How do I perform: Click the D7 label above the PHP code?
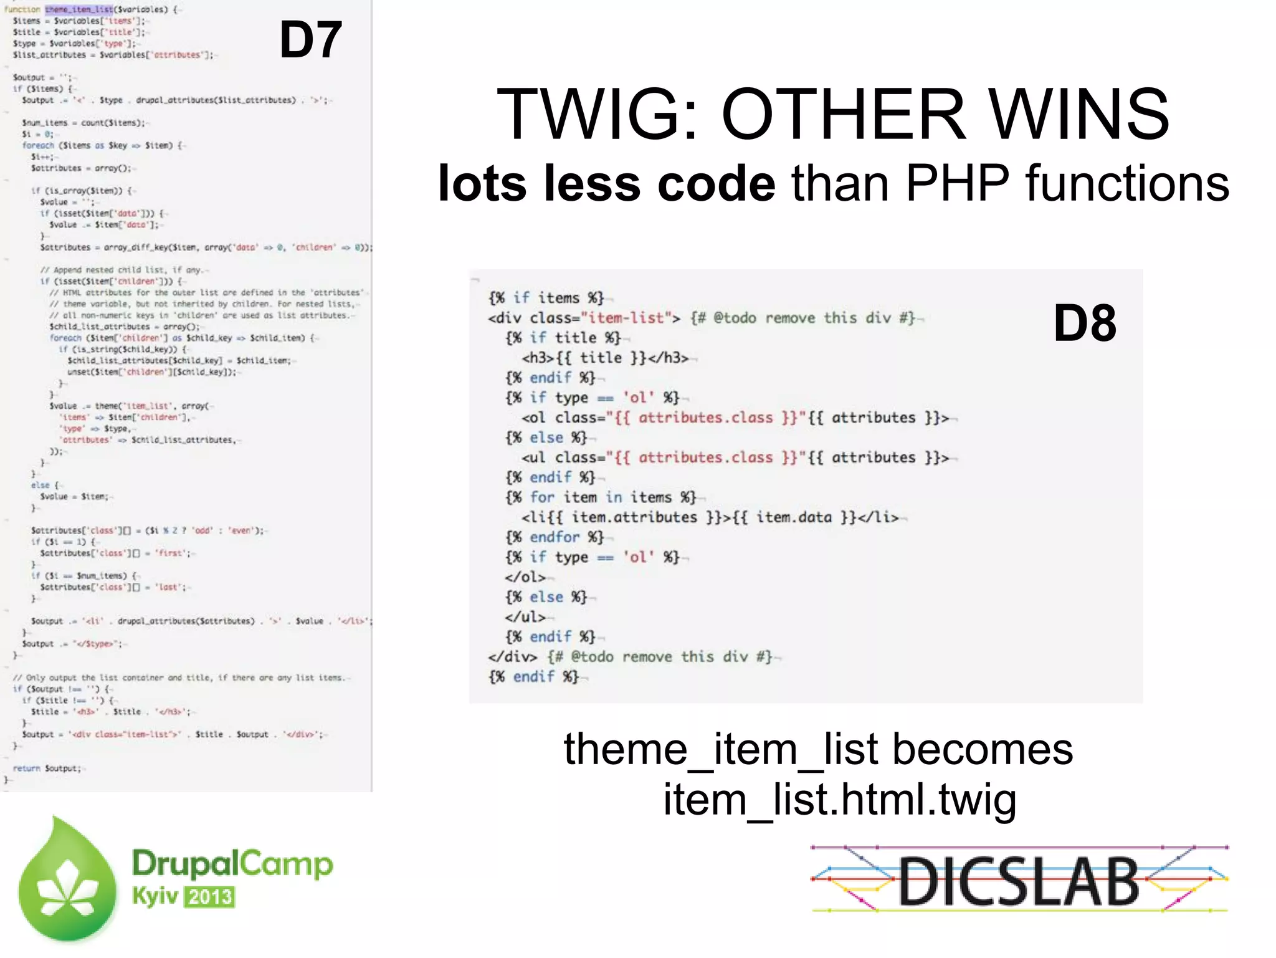(x=310, y=40)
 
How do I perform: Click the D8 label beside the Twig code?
(x=1085, y=323)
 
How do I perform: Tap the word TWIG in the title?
(x=597, y=114)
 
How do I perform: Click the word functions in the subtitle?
(x=1128, y=183)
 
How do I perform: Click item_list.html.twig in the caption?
(x=839, y=800)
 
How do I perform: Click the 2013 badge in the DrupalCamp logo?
(x=210, y=897)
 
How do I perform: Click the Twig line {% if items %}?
(x=546, y=298)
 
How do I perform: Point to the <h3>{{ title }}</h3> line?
(x=605, y=358)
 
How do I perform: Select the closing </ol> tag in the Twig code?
(x=525, y=577)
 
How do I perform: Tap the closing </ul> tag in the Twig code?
(x=525, y=617)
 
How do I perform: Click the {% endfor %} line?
(x=555, y=537)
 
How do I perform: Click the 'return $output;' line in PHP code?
(x=47, y=769)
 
